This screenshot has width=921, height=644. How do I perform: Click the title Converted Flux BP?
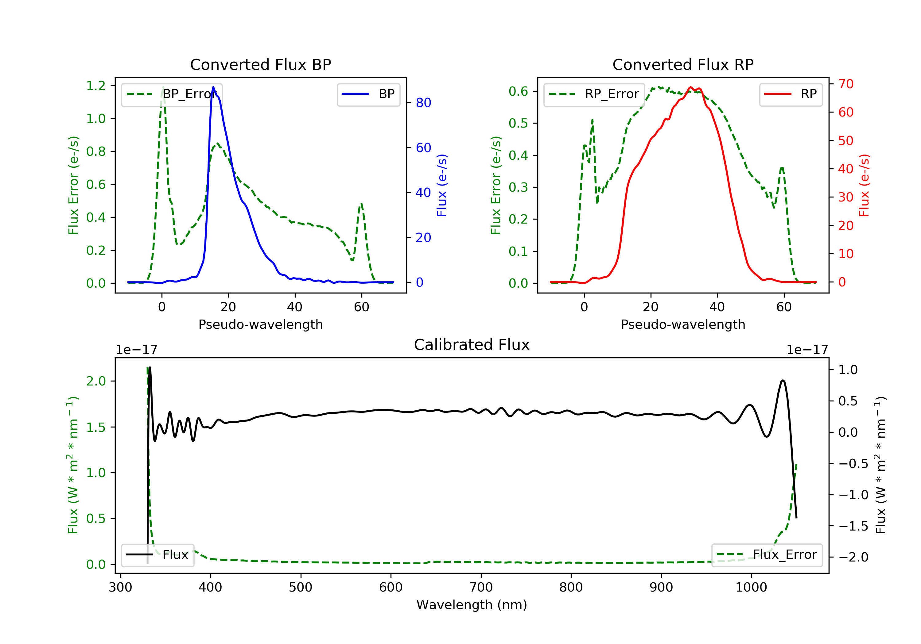pyautogui.click(x=260, y=64)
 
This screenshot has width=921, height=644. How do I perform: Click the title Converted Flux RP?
pyautogui.click(x=683, y=64)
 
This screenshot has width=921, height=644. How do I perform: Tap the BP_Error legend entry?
pyautogui.click(x=172, y=94)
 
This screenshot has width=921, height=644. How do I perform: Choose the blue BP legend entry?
pyautogui.click(x=368, y=94)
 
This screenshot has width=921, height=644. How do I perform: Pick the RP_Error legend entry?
pyautogui.click(x=594, y=94)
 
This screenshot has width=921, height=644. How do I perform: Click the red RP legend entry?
pyautogui.click(x=791, y=94)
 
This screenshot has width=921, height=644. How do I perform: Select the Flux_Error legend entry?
pyautogui.click(x=767, y=555)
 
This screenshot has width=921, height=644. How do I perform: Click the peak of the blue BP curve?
pyautogui.click(x=213, y=87)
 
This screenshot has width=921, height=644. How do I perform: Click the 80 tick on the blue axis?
pyautogui.click(x=423, y=103)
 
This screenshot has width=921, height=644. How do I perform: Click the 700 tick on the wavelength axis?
pyautogui.click(x=481, y=588)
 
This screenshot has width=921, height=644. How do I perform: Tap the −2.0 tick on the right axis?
pyautogui.click(x=853, y=557)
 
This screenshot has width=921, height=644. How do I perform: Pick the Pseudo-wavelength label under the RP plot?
pyautogui.click(x=683, y=324)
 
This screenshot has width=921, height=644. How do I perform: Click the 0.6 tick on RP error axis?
pyautogui.click(x=518, y=91)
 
